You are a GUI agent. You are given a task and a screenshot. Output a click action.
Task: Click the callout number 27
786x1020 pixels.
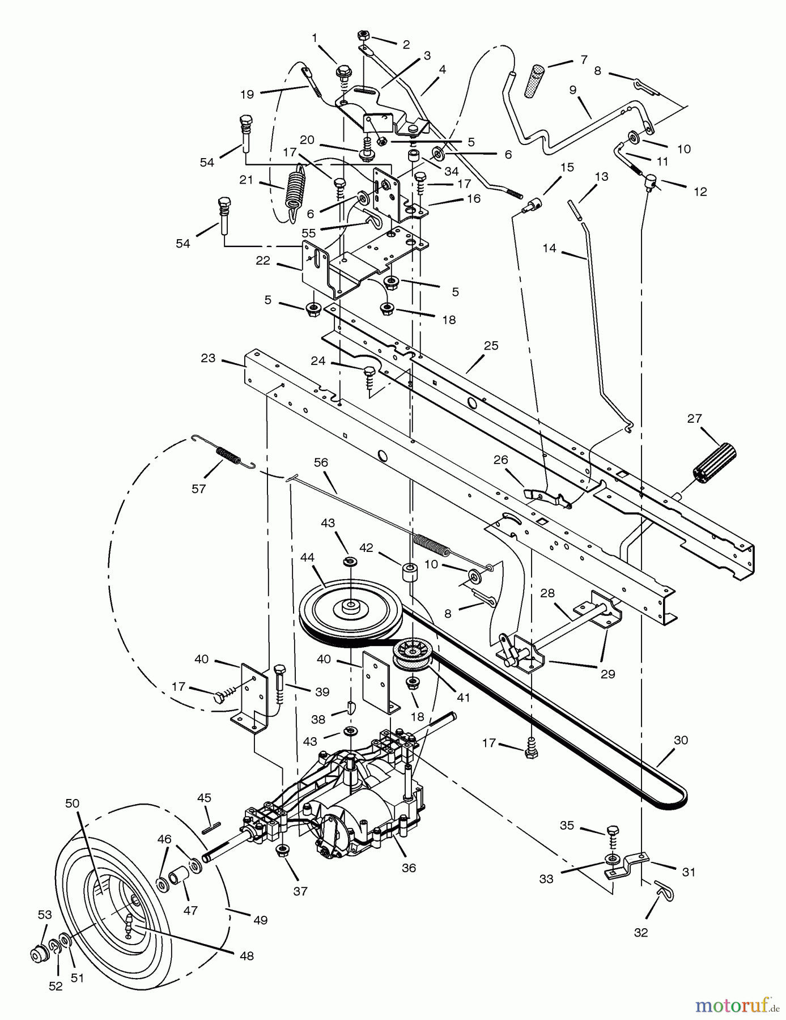694,418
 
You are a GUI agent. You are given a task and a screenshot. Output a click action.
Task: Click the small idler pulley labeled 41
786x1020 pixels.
414,655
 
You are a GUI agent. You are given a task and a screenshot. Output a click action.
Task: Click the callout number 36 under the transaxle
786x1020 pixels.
409,868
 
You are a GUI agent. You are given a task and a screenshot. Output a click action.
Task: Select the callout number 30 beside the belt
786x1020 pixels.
681,741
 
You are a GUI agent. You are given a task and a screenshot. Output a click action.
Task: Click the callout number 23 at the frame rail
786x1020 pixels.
208,358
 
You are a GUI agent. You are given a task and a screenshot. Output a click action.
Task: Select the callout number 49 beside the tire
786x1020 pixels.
260,920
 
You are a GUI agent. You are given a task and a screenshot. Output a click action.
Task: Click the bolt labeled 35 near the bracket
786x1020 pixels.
613,831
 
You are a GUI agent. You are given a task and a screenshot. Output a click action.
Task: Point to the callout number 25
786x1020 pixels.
491,346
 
